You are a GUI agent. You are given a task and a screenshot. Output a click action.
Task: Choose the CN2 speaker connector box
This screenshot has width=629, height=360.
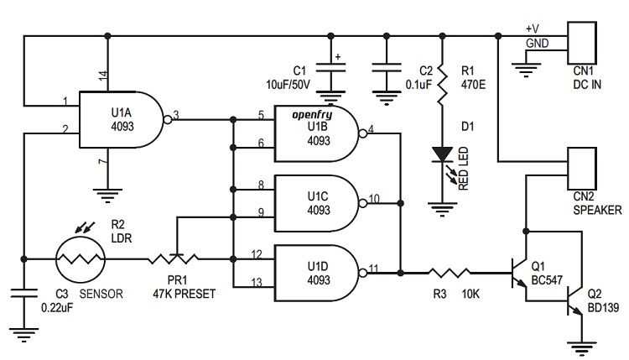click(x=582, y=168)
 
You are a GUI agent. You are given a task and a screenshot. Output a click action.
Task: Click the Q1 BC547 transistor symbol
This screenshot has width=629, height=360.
click(x=522, y=272)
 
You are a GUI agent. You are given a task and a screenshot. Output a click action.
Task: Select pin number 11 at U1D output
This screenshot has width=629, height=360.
click(x=373, y=267)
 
